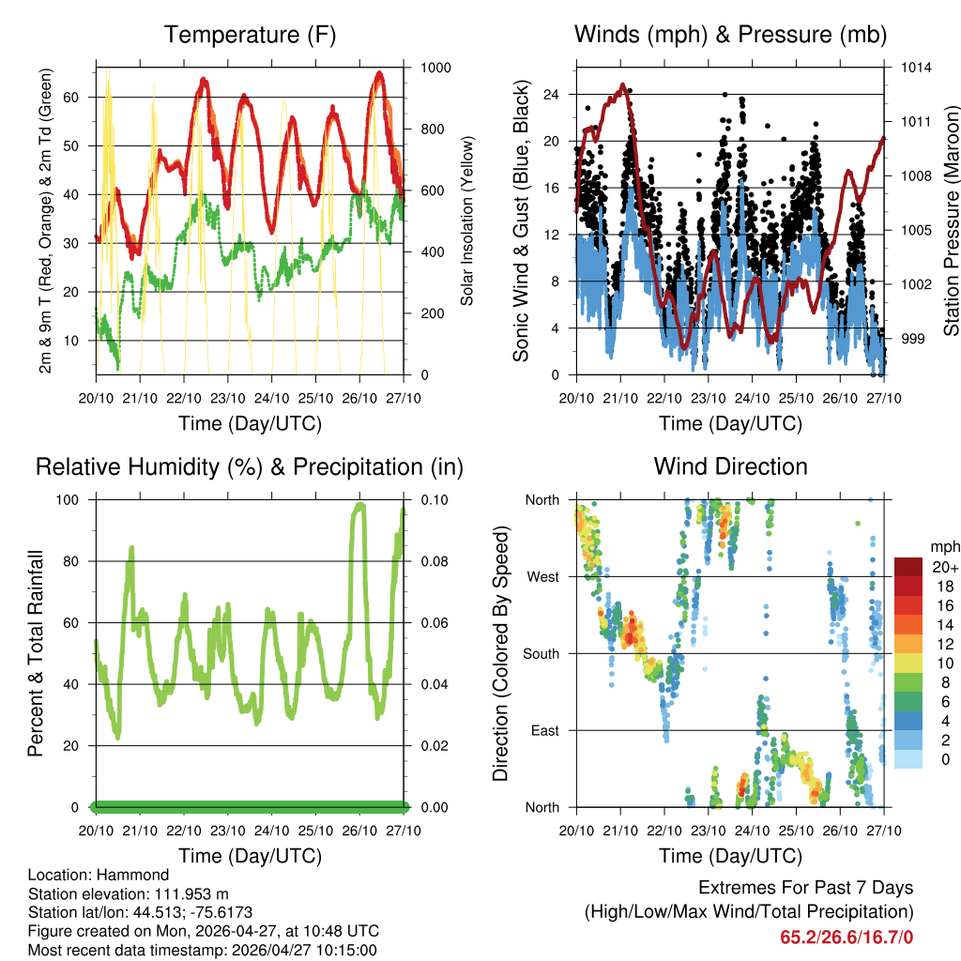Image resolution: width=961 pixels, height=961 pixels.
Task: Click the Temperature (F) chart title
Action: (250, 36)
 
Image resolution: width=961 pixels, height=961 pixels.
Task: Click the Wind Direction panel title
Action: (730, 466)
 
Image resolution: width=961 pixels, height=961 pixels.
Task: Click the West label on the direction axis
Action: (542, 576)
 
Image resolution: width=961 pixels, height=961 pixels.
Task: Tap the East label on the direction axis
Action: (543, 730)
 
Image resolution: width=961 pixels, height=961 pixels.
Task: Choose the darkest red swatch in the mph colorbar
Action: (908, 568)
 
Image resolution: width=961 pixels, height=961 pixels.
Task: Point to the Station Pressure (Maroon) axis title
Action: (951, 221)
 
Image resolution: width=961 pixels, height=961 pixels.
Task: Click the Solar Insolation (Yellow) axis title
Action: (466, 221)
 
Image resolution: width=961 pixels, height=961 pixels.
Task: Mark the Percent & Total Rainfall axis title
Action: (36, 653)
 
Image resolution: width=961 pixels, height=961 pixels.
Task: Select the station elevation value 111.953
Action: (187, 893)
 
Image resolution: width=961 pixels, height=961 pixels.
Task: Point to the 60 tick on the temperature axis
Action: (78, 97)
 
